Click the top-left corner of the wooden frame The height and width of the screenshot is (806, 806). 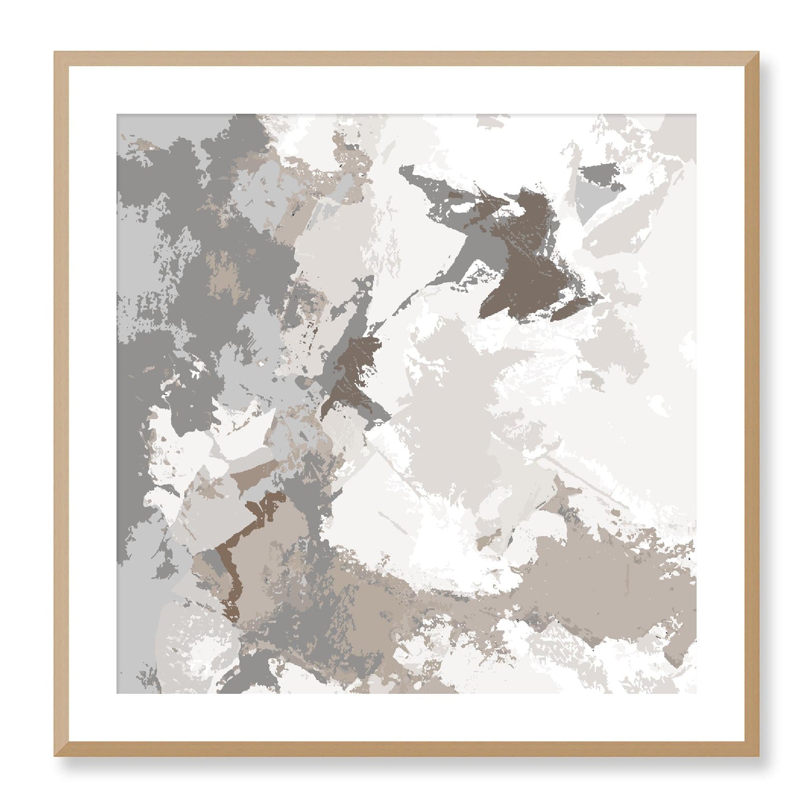tap(55, 52)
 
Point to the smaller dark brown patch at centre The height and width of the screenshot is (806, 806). tap(351, 371)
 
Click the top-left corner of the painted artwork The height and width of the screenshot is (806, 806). tap(117, 115)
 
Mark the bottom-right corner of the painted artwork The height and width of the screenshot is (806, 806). tap(696, 693)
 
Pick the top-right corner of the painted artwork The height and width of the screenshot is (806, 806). tap(696, 115)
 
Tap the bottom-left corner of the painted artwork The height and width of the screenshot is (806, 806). tap(117, 693)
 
